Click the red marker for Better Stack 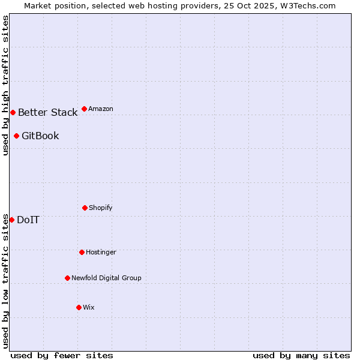click(x=13, y=112)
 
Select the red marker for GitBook click(x=16, y=136)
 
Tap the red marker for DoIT click(x=11, y=220)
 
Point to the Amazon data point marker click(x=84, y=109)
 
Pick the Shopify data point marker click(x=85, y=208)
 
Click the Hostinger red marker click(x=82, y=252)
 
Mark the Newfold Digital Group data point click(x=67, y=278)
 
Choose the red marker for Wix click(x=79, y=307)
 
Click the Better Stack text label click(x=47, y=112)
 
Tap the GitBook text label click(x=40, y=136)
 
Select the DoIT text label click(x=28, y=220)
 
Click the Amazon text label click(x=101, y=109)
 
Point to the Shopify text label click(x=101, y=208)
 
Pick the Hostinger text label click(x=101, y=252)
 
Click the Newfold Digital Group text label click(x=106, y=278)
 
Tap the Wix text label click(x=89, y=307)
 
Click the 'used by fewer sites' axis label click(x=62, y=355)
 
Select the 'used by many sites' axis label click(x=301, y=355)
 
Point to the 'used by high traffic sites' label click(x=5, y=85)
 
